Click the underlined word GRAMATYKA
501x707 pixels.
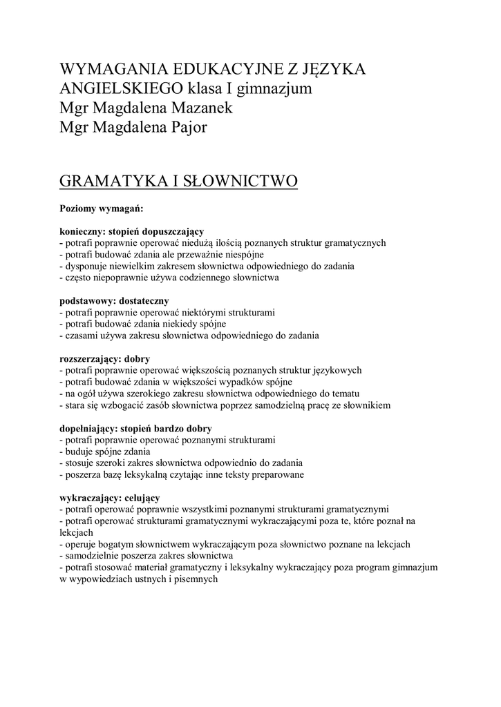112,181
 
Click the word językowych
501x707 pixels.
332,371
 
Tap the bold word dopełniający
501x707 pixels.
87,429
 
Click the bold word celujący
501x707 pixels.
142,498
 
